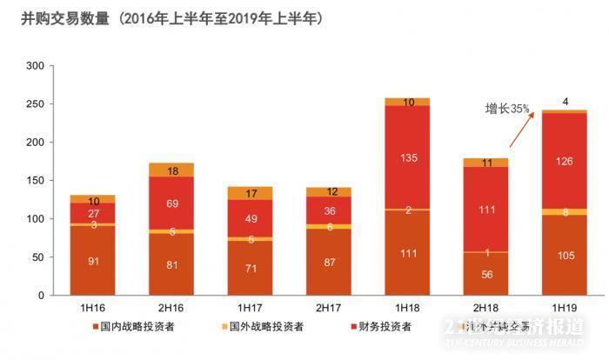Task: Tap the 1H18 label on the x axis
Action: coord(407,308)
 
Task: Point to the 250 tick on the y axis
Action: coord(35,104)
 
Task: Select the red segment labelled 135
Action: coord(407,158)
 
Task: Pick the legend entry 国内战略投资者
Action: coord(139,327)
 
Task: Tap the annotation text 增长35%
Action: coord(507,109)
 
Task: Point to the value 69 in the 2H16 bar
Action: coord(172,202)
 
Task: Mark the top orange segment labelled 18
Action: coord(172,170)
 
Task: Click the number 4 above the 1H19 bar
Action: coord(565,102)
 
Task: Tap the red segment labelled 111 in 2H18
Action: coord(486,210)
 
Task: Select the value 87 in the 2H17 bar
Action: coord(329,262)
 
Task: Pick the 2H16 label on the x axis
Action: coord(172,308)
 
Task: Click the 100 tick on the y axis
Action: coord(35,219)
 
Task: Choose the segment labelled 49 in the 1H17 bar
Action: coord(251,218)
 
